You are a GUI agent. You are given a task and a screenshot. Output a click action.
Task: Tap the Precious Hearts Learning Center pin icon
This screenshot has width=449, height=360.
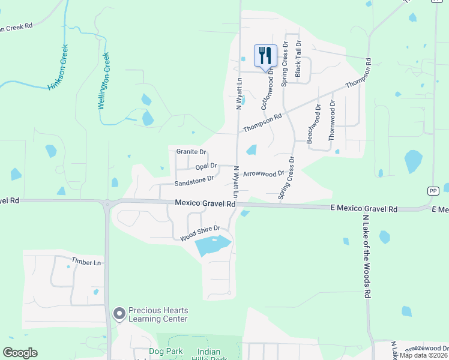119,313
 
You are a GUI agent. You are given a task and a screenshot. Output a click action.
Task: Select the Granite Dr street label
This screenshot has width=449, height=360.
191,152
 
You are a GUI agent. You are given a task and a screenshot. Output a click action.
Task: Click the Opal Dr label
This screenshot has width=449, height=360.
206,166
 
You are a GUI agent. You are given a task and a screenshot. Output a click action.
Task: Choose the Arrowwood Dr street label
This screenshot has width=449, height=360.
264,174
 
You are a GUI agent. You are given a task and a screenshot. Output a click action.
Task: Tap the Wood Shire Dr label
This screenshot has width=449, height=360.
201,234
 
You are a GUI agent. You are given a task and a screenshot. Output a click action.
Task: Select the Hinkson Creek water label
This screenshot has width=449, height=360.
58,67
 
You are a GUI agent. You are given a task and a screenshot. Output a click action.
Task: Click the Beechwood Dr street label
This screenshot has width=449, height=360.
313,123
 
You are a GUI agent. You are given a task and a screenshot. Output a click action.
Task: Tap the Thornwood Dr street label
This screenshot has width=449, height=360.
333,120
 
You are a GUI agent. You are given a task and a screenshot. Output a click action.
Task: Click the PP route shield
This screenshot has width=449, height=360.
433,190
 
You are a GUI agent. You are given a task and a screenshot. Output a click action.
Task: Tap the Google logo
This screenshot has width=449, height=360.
20,353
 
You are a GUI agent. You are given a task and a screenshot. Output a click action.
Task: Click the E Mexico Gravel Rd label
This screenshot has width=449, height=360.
364,209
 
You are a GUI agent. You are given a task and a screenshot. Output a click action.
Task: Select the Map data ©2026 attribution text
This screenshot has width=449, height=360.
424,355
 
